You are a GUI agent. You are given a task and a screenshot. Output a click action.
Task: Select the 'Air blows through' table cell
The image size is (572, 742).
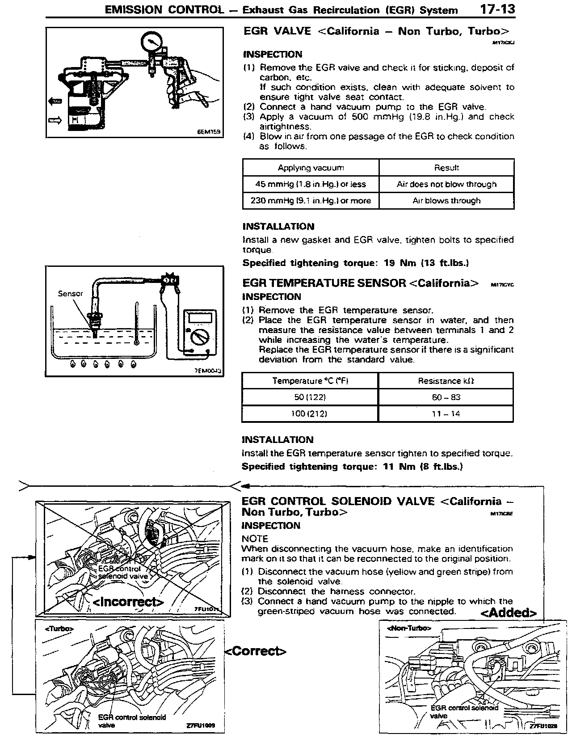[446, 201]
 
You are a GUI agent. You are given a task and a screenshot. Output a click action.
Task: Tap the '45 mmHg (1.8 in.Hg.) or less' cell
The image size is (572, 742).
[311, 184]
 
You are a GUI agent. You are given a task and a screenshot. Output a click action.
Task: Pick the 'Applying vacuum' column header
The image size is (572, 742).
[311, 168]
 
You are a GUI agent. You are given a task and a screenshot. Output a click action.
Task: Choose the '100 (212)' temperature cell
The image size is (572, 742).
[309, 413]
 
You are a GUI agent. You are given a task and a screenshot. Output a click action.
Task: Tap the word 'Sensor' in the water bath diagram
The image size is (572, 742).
[70, 294]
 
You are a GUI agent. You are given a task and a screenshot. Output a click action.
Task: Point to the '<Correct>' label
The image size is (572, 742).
[255, 651]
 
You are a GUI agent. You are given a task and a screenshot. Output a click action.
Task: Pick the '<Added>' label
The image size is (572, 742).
[509, 612]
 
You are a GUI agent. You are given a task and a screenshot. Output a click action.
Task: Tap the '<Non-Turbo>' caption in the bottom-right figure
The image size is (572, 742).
[409, 628]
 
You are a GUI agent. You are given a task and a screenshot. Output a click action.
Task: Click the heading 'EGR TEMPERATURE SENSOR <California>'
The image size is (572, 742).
[360, 283]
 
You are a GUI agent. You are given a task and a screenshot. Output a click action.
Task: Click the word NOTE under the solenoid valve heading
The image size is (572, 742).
[255, 539]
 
